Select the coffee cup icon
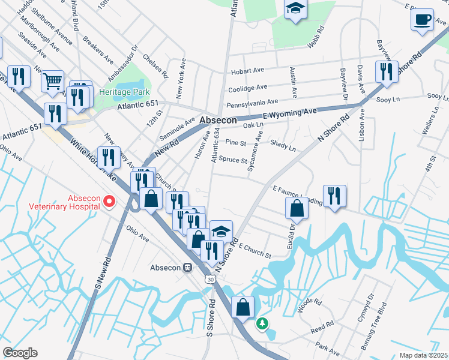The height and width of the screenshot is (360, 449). (423, 19)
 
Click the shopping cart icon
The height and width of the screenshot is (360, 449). (53, 81)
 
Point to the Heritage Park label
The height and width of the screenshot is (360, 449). (124, 93)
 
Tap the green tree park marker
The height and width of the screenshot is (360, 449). (262, 324)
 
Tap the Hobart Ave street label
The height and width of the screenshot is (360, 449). (246, 71)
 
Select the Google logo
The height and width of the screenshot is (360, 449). (20, 353)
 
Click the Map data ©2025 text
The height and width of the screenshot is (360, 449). (421, 355)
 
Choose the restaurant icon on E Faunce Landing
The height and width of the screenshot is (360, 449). (334, 196)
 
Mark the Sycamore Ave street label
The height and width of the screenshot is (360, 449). (254, 152)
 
